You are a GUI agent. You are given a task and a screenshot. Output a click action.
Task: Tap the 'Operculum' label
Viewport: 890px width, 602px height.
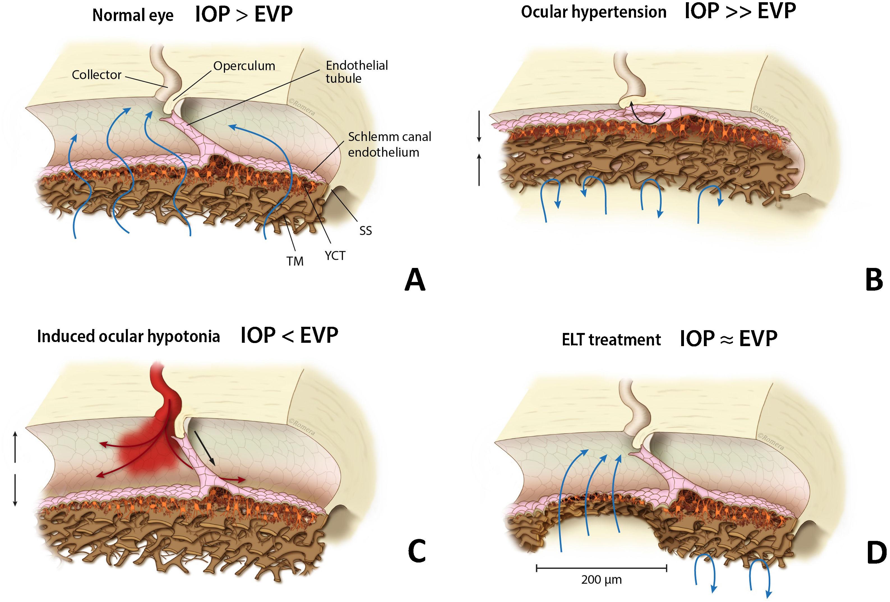pyautogui.click(x=244, y=66)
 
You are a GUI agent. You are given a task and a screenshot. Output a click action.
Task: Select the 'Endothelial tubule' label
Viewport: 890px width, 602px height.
pyautogui.click(x=357, y=72)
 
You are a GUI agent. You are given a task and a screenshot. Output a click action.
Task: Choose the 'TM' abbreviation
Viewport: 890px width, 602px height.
pyautogui.click(x=295, y=261)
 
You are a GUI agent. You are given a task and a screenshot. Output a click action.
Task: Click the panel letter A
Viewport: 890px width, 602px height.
pyautogui.click(x=415, y=280)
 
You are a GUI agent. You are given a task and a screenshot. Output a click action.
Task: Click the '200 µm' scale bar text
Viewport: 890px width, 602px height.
pyautogui.click(x=601, y=580)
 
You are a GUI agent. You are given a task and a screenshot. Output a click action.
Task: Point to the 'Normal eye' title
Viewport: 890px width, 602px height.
pyautogui.click(x=133, y=16)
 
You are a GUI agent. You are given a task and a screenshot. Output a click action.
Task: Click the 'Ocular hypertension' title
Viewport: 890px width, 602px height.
pyautogui.click(x=594, y=12)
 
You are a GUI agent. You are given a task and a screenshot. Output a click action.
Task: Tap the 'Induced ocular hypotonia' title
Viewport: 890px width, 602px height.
pyautogui.click(x=128, y=336)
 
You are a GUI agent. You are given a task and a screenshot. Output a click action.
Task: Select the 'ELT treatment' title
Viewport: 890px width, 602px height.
pyautogui.click(x=611, y=340)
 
